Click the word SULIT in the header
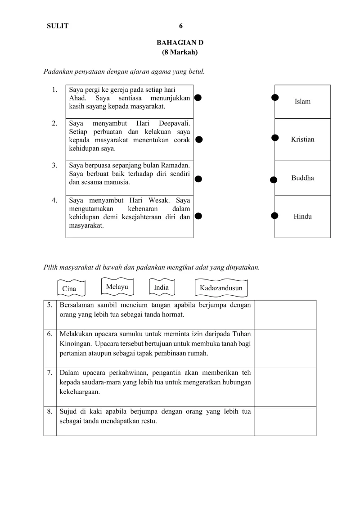[58, 26]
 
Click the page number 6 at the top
[180, 26]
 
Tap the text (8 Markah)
[180, 52]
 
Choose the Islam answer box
[302, 102]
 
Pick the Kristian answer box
[302, 140]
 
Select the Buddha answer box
[302, 178]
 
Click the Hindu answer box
[302, 216]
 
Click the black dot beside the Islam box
[275, 98]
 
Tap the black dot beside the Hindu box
[274, 216]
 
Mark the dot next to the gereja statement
[198, 98]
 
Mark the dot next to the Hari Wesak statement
[198, 216]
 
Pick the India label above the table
[161, 288]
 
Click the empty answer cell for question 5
[285, 314]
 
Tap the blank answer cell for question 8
[285, 421]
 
